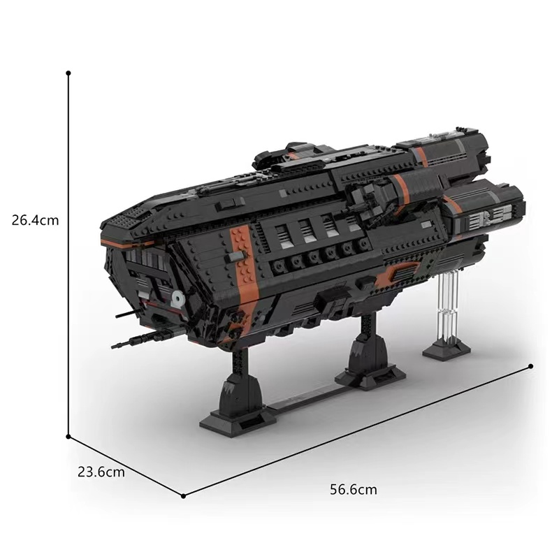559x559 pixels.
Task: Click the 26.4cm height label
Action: pos(35,220)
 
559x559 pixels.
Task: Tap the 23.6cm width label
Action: pos(101,472)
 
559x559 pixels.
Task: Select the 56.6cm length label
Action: pos(353,489)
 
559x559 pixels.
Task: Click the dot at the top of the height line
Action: pos(68,72)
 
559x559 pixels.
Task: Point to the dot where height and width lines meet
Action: pos(68,437)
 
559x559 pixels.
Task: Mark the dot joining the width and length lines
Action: pos(183,496)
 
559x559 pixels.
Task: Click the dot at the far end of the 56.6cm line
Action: pos(532,365)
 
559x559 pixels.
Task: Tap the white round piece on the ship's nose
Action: pos(177,300)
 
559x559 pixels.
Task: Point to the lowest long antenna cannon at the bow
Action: pos(140,340)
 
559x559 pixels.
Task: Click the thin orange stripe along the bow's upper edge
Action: pos(126,241)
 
